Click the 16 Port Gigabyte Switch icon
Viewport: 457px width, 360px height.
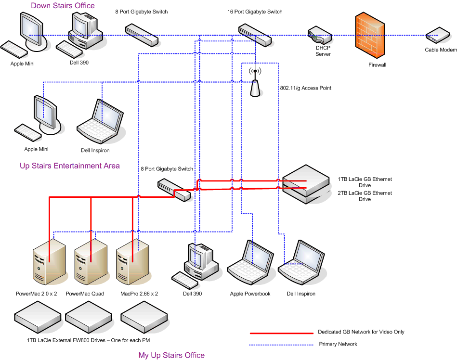click(x=254, y=35)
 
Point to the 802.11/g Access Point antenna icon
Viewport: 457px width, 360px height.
click(x=255, y=83)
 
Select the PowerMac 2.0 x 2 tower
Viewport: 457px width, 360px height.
click(x=48, y=263)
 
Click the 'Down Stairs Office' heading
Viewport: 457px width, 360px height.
click(x=63, y=6)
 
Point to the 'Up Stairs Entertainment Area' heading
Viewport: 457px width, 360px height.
click(x=69, y=166)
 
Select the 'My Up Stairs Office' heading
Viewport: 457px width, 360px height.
click(x=171, y=355)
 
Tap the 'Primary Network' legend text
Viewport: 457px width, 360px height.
click(x=338, y=344)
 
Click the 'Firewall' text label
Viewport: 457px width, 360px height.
click(x=377, y=64)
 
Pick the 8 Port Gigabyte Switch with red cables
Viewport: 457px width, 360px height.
click(x=175, y=189)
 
